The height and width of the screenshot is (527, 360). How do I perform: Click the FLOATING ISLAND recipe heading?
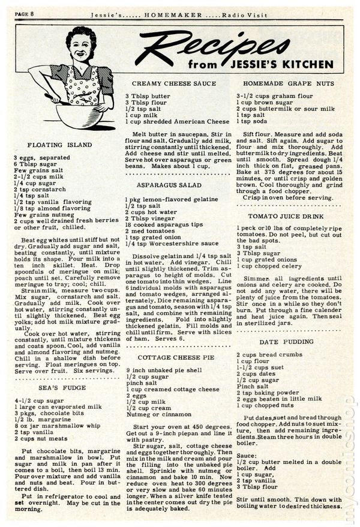(x=60, y=145)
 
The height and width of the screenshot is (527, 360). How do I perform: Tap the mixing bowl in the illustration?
(x=76, y=114)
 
